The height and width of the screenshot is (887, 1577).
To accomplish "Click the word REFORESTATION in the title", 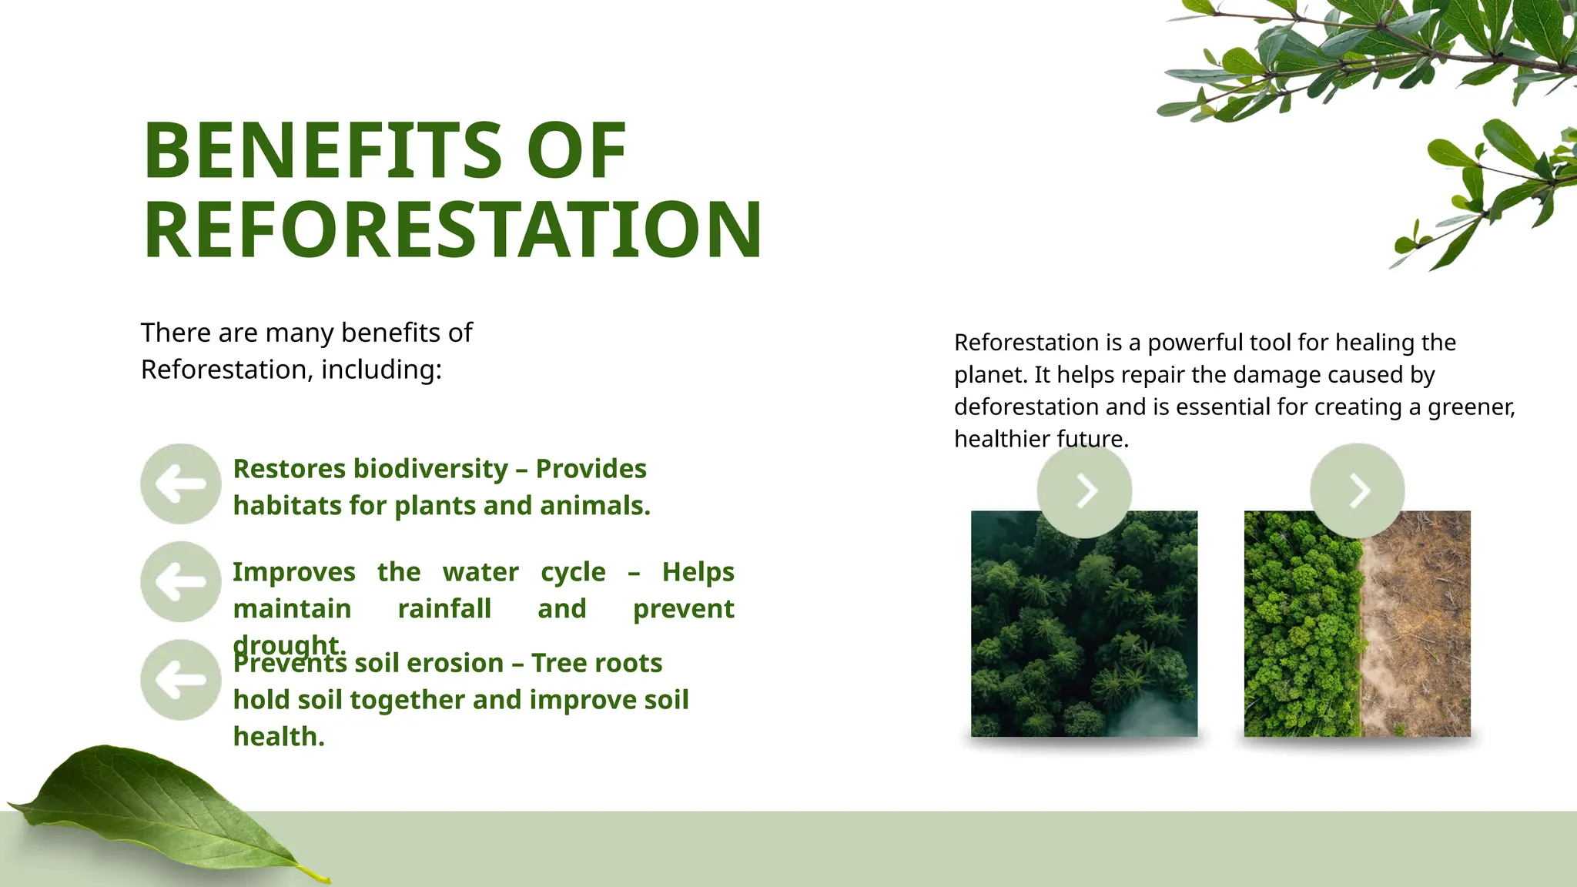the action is coord(453,230).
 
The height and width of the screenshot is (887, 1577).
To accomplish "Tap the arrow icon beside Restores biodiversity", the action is coord(181,484).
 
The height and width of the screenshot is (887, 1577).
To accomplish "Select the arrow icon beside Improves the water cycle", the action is coord(181,582).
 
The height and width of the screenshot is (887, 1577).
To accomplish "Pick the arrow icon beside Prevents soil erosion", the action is coord(181,680).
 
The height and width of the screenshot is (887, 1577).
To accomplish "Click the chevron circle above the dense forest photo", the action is coord(1084,490).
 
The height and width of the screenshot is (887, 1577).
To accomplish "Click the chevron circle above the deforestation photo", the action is coord(1357,490).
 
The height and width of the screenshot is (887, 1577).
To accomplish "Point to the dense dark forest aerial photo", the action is coord(1083,631).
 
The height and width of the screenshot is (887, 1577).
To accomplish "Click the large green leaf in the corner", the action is coord(154,808).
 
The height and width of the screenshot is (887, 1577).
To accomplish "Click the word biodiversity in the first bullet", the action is coord(430,469).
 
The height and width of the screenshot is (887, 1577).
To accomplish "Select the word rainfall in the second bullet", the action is coord(444,609).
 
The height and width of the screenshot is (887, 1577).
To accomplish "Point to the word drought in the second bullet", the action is coord(289,643).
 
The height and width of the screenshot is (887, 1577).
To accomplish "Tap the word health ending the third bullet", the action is coord(278,737).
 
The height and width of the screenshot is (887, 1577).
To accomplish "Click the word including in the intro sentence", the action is coord(380,370).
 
